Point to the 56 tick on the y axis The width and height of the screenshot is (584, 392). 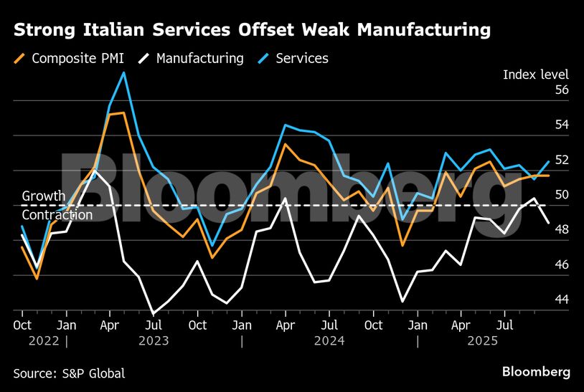pos(561,90)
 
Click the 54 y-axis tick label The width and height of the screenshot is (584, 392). pos(561,125)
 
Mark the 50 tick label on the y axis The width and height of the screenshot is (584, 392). pos(561,195)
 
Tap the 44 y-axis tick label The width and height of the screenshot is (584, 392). pos(561,300)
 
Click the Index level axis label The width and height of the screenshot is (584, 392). pos(535,75)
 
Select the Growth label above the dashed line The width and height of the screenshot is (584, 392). pos(44,196)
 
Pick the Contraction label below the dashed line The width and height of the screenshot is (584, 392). pos(57,215)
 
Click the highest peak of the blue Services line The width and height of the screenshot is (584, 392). pos(124,72)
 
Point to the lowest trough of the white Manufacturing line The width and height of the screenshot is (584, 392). pos(153,313)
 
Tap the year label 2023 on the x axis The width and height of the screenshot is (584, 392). pos(154,341)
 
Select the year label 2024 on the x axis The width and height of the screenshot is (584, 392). pos(329,341)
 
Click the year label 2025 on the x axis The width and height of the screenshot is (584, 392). pos(482,341)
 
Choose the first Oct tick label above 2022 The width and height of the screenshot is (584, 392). pos(23,325)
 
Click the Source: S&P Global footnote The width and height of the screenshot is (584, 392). pos(69,373)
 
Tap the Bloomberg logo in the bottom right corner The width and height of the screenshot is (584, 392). pos(536,372)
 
